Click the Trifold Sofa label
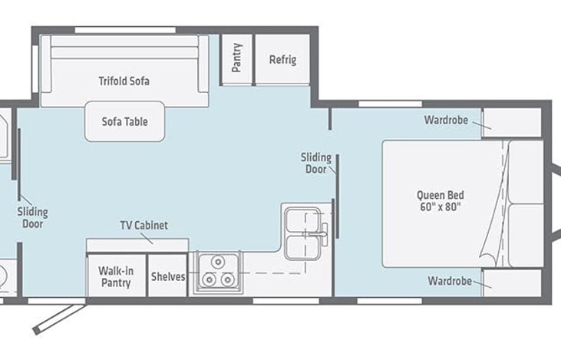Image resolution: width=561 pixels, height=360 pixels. [x=124, y=81]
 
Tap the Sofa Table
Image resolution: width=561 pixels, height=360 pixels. [x=125, y=121]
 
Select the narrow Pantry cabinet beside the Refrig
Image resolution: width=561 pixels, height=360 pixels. [x=237, y=59]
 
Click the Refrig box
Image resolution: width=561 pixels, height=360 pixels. [x=282, y=59]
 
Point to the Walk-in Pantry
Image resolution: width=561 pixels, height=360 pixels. [x=117, y=276]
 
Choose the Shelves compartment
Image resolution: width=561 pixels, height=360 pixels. [x=167, y=276]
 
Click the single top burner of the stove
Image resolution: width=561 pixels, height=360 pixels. [x=217, y=262]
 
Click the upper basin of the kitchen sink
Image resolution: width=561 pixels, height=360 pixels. [x=302, y=220]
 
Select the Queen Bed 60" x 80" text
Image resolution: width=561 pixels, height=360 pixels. [x=440, y=201]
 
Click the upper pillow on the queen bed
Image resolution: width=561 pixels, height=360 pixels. [x=526, y=172]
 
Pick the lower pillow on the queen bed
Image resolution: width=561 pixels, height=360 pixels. [x=526, y=236]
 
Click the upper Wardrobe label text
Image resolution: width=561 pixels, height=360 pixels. [x=446, y=120]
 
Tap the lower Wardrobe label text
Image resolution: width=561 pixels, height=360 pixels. [x=450, y=281]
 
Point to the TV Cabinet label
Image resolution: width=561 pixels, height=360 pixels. [x=144, y=225]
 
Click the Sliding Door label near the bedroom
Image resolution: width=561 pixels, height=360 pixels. [x=316, y=163]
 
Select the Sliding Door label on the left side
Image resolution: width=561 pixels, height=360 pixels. [x=32, y=218]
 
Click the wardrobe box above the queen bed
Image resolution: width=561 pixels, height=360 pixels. [x=512, y=122]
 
